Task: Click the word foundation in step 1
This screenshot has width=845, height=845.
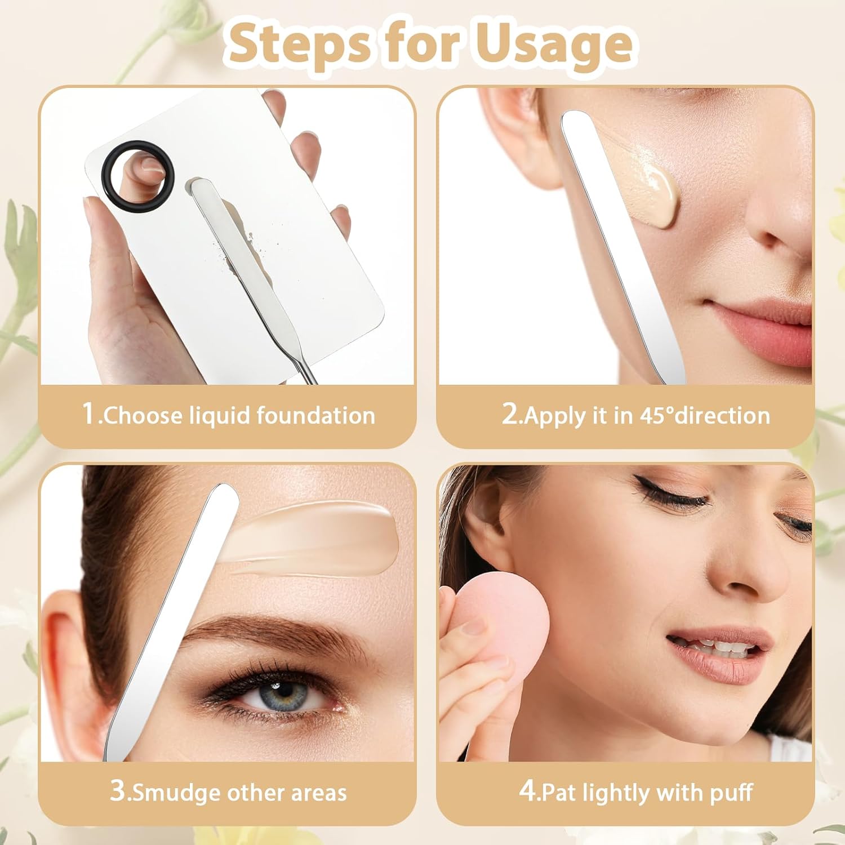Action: coord(316,416)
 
